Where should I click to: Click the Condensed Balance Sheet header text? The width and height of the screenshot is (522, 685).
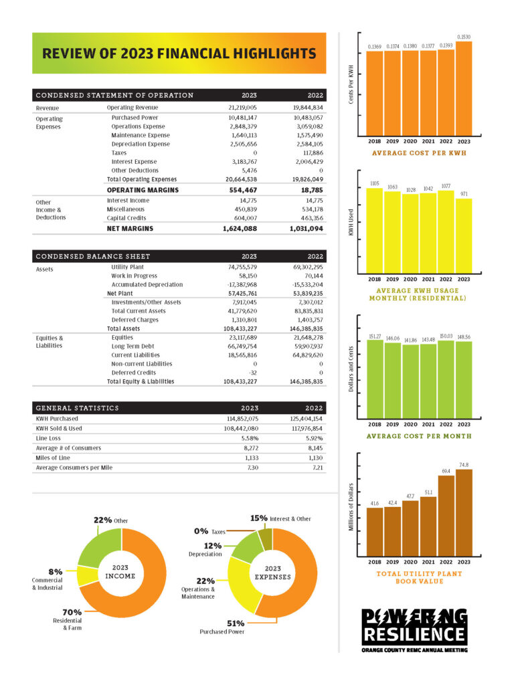(x=93, y=256)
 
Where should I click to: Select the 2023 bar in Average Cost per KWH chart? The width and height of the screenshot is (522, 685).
(x=464, y=88)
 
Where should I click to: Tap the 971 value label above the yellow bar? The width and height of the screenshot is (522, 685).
(x=464, y=194)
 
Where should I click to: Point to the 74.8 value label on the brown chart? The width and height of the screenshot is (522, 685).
(x=464, y=464)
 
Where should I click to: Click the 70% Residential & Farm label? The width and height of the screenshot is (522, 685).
(x=72, y=619)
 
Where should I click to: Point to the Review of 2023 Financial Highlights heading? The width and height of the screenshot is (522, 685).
(x=179, y=53)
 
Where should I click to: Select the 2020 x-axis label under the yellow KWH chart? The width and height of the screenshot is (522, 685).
(x=410, y=279)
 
